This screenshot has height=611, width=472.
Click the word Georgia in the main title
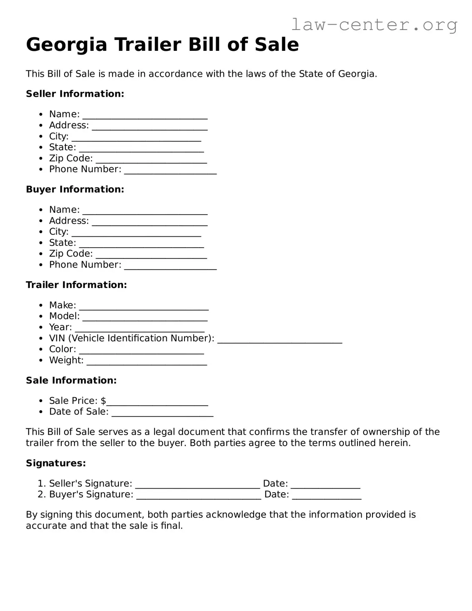(67, 45)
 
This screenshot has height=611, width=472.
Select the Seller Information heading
(75, 94)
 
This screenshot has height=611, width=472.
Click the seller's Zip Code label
(71, 158)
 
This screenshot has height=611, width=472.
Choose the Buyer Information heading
(75, 189)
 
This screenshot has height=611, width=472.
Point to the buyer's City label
(59, 232)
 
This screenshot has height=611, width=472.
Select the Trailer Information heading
(76, 285)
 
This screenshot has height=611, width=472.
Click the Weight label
(66, 360)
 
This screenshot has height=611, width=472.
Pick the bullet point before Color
(40, 350)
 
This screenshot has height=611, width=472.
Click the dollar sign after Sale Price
(103, 401)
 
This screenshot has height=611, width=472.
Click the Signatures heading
(56, 463)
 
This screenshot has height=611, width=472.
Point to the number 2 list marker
(41, 494)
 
